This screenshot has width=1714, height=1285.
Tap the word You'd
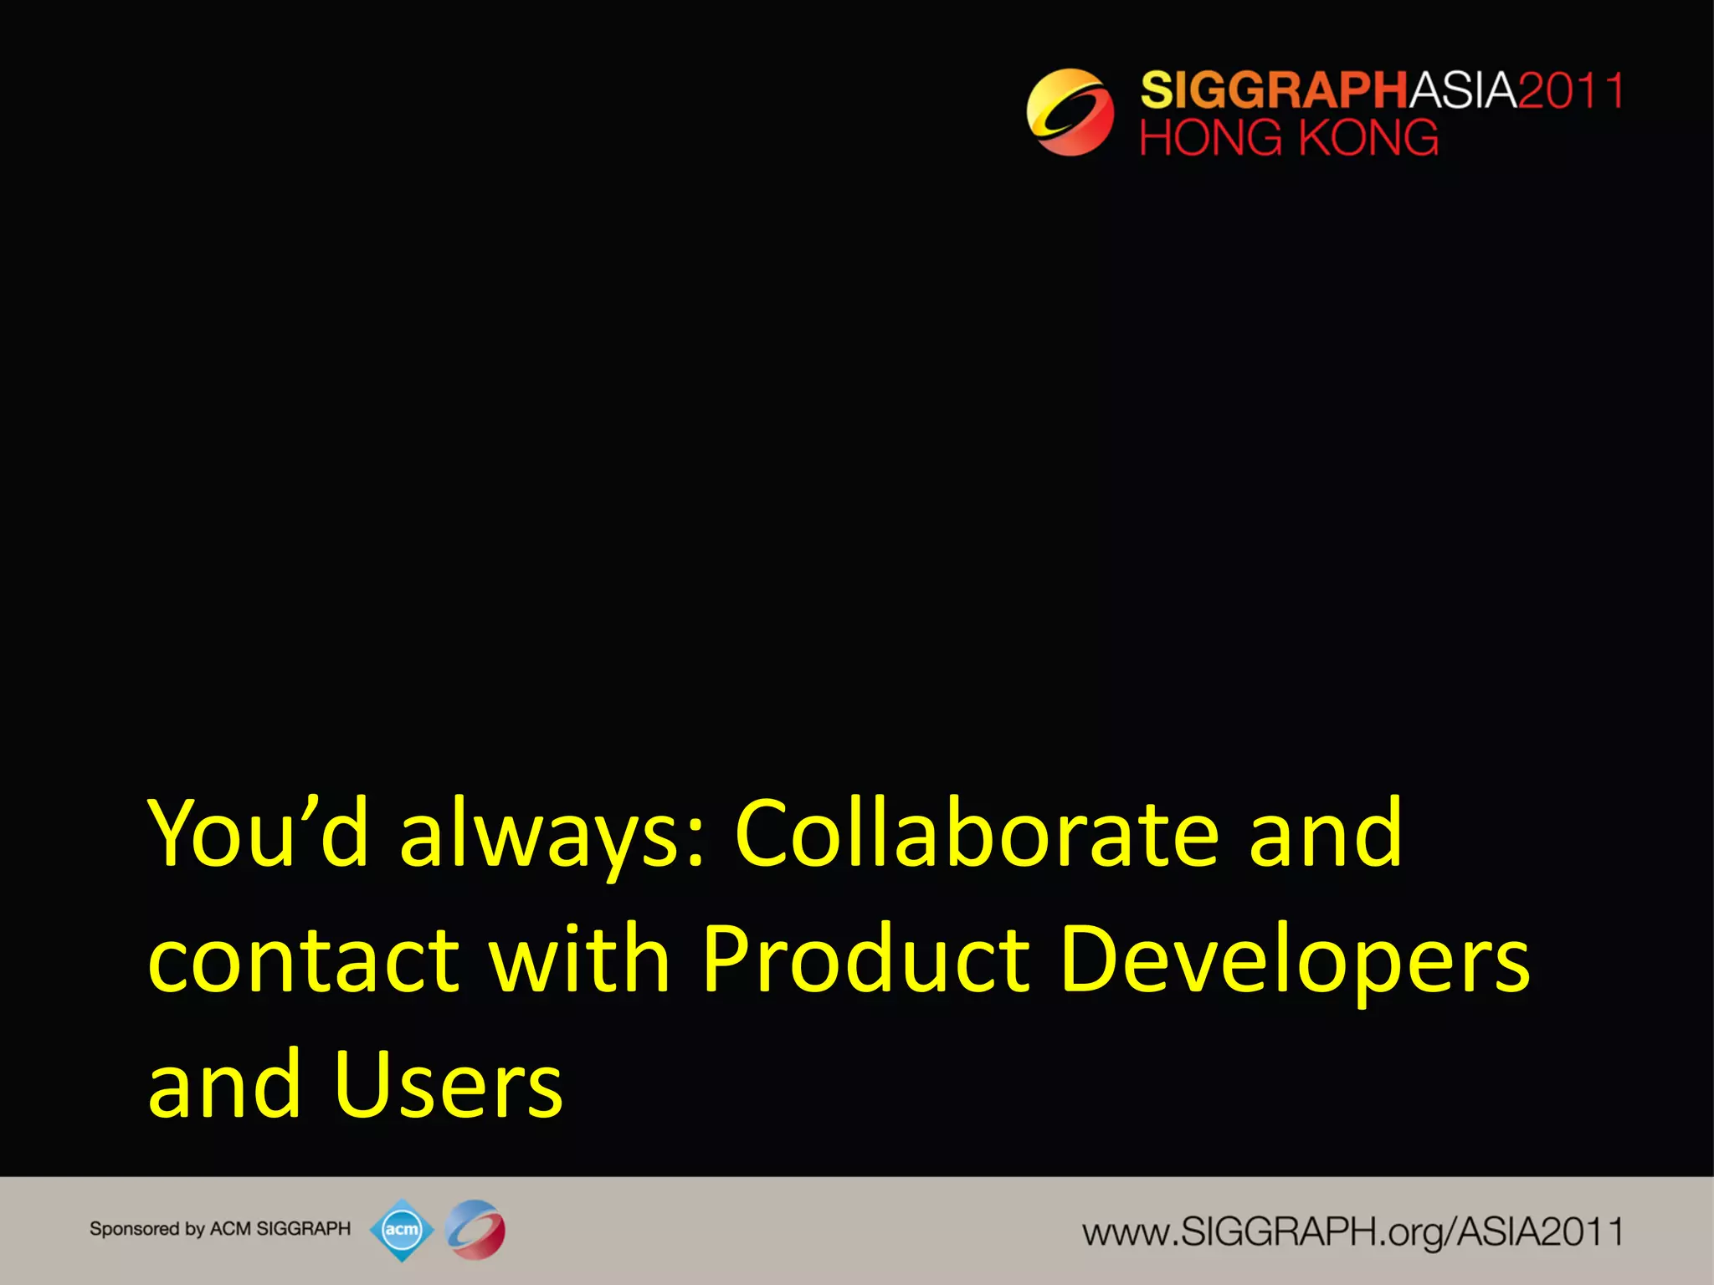click(x=258, y=834)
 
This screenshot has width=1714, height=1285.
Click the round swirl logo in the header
click(x=1070, y=112)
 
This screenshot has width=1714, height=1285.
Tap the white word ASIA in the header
click(x=1464, y=90)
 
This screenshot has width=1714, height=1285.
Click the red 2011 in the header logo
click(x=1571, y=90)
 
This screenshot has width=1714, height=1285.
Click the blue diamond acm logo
click(x=402, y=1230)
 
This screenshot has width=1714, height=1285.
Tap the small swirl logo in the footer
click(x=475, y=1230)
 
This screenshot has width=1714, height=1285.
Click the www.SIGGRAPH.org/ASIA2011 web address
click(x=1352, y=1231)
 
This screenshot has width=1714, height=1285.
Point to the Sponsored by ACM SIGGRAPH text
click(x=220, y=1229)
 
